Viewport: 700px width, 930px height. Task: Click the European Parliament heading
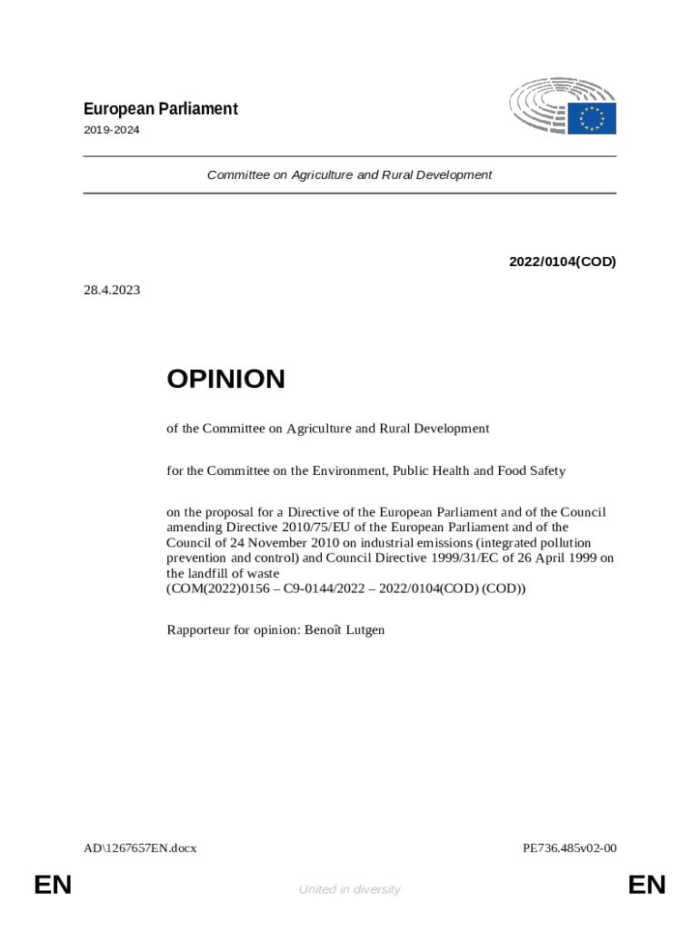[160, 109]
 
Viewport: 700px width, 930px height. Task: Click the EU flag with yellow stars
[592, 118]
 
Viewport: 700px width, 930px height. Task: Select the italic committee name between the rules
[349, 174]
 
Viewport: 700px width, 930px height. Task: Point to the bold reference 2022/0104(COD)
[562, 262]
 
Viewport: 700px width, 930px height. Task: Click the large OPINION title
[225, 379]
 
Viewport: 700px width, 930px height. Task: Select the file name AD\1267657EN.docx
[140, 848]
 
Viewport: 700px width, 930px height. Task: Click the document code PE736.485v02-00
[569, 848]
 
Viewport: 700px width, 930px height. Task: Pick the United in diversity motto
[349, 889]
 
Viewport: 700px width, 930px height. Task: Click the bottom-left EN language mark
[53, 885]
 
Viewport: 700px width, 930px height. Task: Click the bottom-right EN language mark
[646, 885]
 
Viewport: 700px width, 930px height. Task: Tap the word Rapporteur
[199, 628]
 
